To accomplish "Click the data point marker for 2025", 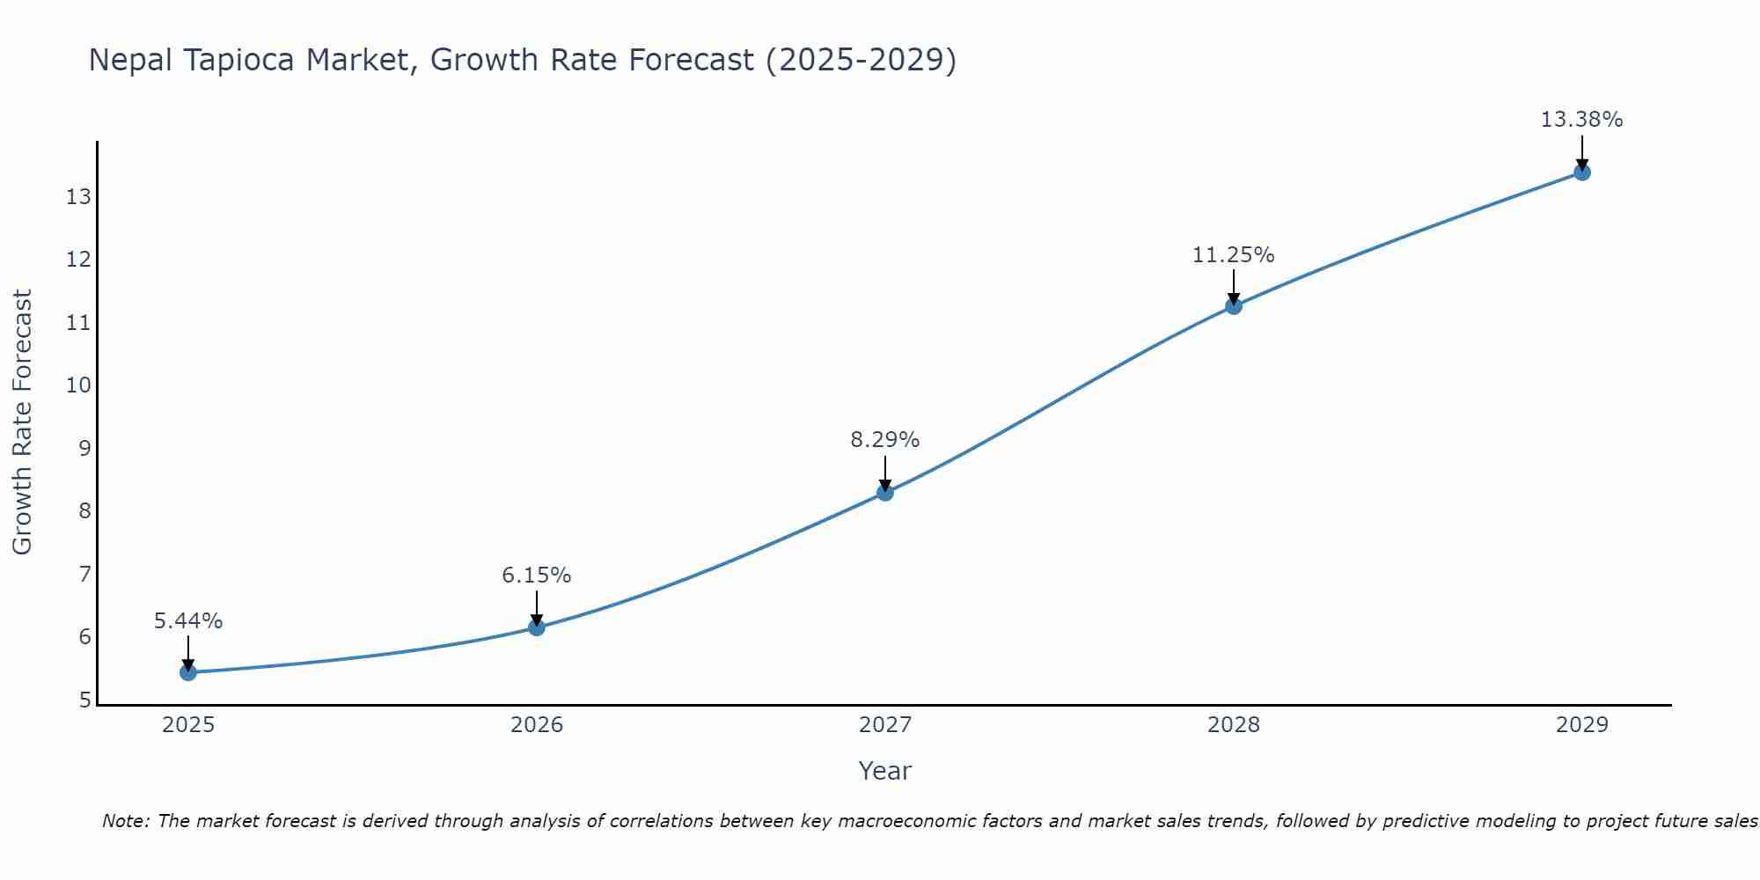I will click(x=188, y=672).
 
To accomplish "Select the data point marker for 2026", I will click(x=537, y=627).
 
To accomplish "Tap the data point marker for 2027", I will click(x=885, y=493).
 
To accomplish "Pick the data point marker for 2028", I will click(x=1234, y=306).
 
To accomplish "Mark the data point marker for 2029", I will click(x=1582, y=172).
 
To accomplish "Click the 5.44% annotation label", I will click(x=188, y=621).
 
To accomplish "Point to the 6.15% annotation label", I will click(x=537, y=576).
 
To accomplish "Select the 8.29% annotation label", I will click(x=885, y=440).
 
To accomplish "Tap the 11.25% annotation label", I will click(x=1234, y=255).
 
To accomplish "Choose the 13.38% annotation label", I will click(x=1582, y=120).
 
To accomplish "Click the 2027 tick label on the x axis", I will click(x=885, y=725).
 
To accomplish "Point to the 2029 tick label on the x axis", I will click(x=1582, y=725).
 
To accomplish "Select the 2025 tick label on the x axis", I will click(x=188, y=725).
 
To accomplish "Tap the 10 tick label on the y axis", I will click(x=78, y=385).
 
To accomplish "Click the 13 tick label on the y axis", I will click(x=78, y=196).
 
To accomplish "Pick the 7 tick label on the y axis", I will click(x=84, y=575).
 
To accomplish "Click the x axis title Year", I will click(x=885, y=771).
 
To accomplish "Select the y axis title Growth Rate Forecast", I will click(x=23, y=422).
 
